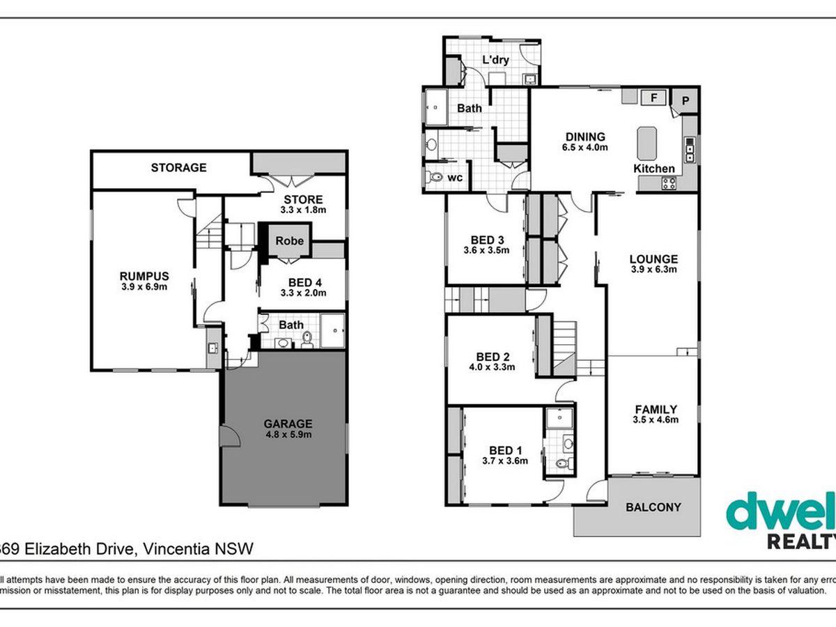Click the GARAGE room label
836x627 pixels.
(x=288, y=424)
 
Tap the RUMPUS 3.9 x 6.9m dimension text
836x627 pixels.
(x=144, y=287)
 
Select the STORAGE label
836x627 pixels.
(x=178, y=167)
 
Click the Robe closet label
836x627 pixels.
(x=289, y=241)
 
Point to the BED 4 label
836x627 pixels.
(x=305, y=282)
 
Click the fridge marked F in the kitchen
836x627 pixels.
(x=653, y=98)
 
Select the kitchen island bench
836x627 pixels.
(x=647, y=144)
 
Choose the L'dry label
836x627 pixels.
(x=495, y=60)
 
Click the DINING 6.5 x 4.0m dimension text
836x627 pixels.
(x=585, y=147)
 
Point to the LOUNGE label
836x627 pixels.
(x=653, y=259)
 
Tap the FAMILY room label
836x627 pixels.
(x=656, y=410)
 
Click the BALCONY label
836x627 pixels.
(x=653, y=507)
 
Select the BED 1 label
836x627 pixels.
(x=505, y=451)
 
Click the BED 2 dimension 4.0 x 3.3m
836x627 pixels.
(x=492, y=367)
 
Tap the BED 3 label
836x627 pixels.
(x=487, y=240)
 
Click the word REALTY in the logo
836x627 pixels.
(x=802, y=541)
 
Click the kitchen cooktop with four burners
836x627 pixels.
(x=669, y=183)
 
